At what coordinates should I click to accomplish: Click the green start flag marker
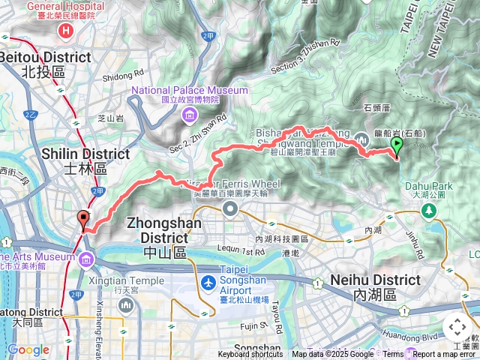397,146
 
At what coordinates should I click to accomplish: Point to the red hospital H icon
67,31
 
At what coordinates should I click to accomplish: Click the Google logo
28,349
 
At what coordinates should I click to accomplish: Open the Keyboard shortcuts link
250,355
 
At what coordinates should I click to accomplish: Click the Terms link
393,355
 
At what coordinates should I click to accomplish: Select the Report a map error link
445,355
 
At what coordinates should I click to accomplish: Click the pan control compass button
457,328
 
